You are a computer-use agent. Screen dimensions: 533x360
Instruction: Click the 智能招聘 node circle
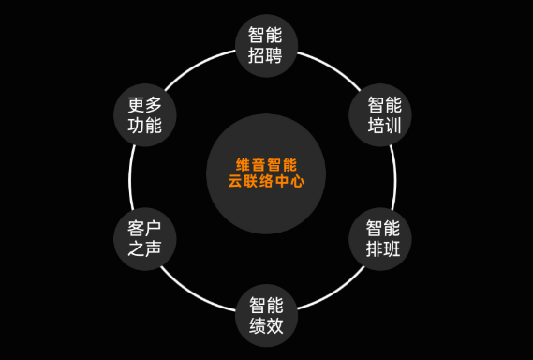tap(266, 44)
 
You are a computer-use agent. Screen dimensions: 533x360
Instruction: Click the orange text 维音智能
tap(266, 162)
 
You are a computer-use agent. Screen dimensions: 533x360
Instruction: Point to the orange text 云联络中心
tap(266, 182)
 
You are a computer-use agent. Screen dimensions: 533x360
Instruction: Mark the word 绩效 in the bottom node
tap(266, 326)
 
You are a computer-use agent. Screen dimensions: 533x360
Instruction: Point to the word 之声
tap(146, 250)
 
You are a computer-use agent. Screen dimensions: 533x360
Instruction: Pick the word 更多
tap(144, 102)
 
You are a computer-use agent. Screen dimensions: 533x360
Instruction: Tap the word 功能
tap(144, 125)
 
